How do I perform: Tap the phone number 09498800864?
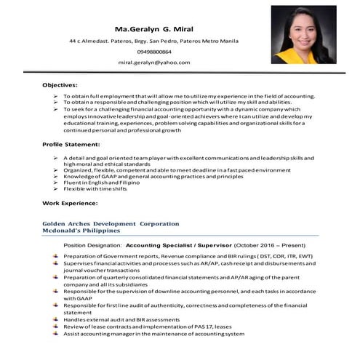point(154,52)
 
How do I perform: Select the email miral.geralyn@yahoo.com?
point(154,63)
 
